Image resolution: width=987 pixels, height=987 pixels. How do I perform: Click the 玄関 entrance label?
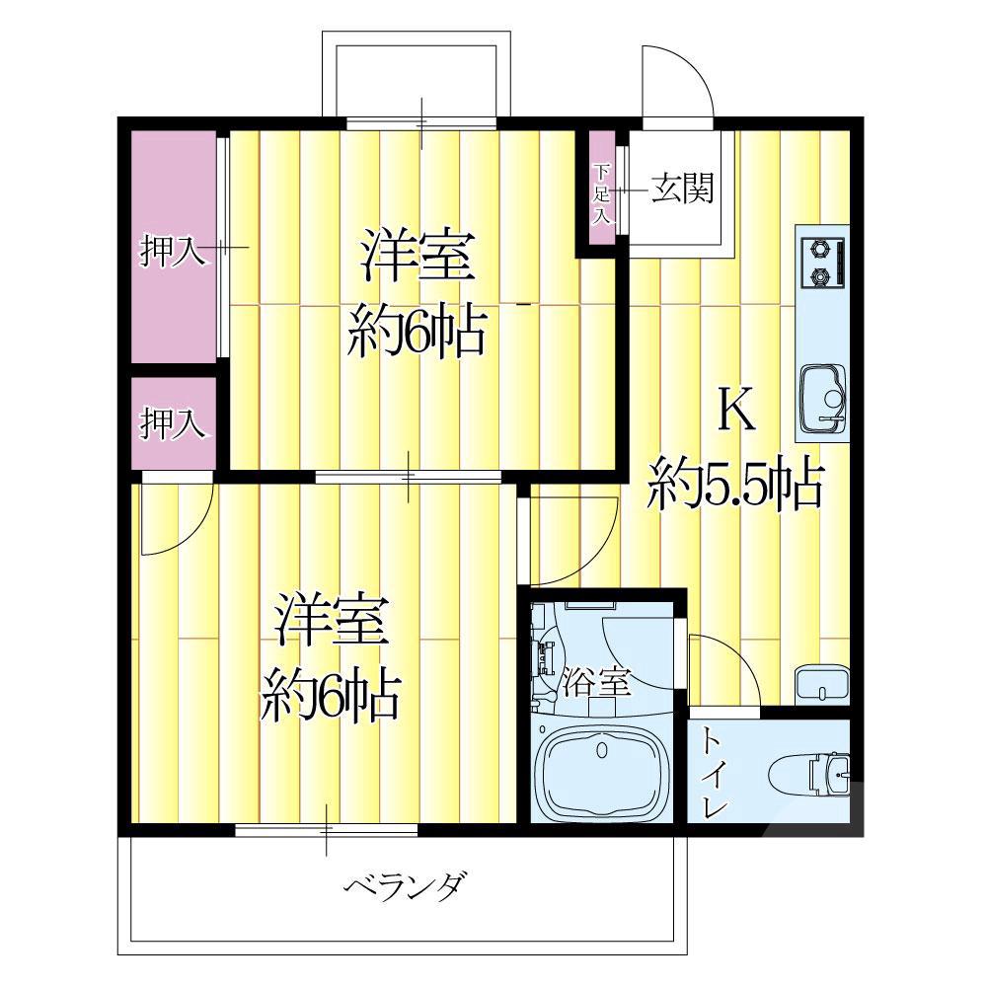(x=681, y=189)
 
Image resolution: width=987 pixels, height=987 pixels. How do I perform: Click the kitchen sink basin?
(x=821, y=398)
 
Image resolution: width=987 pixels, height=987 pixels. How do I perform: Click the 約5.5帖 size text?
(x=735, y=484)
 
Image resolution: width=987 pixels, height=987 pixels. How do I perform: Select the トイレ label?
(x=713, y=772)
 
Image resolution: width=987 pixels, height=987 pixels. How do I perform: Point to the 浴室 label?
(x=596, y=682)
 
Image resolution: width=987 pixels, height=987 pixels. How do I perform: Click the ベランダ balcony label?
(x=405, y=885)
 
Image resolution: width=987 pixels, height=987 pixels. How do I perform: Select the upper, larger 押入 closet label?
(x=172, y=252)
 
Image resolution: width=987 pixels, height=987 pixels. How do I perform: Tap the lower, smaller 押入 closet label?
(x=172, y=423)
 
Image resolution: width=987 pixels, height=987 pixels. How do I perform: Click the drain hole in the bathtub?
(x=602, y=753)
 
